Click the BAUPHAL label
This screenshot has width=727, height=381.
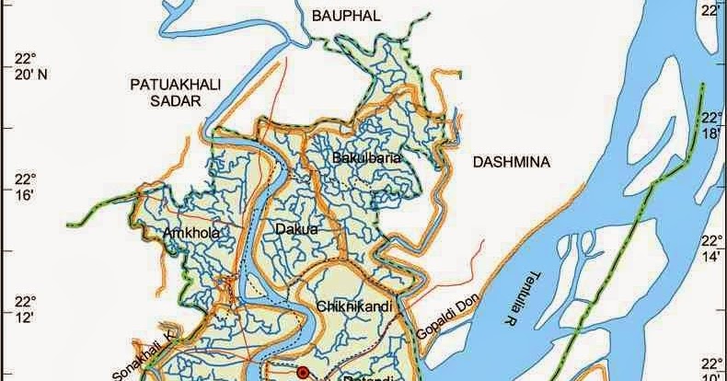pyautogui.click(x=348, y=16)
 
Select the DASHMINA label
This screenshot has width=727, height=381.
pyautogui.click(x=511, y=163)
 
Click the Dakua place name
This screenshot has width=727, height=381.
pyautogui.click(x=295, y=227)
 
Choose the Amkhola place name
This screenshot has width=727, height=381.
pyautogui.click(x=191, y=233)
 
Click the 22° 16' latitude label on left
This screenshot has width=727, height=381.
pyautogui.click(x=23, y=186)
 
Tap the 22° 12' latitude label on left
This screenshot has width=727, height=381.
pyautogui.click(x=23, y=308)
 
